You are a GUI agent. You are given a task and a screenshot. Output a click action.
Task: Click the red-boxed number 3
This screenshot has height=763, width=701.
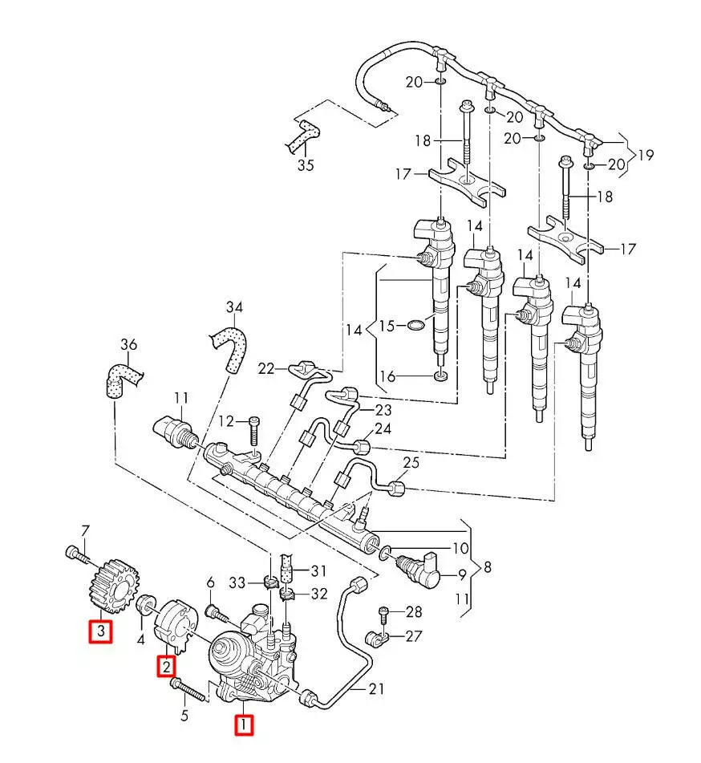[100, 632]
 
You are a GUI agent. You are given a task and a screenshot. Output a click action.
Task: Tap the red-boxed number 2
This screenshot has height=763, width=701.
[166, 665]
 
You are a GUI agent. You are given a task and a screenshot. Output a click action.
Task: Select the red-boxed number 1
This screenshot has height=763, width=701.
[242, 725]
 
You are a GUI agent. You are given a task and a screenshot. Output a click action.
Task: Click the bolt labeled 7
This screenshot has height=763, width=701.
[75, 553]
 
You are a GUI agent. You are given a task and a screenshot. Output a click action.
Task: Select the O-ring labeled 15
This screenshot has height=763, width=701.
[415, 326]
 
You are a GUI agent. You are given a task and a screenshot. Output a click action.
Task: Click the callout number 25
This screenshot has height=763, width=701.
[411, 462]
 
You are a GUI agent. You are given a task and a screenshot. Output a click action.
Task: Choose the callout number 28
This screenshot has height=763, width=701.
[414, 612]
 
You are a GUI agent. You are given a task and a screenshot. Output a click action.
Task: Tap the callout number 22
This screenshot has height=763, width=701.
[265, 368]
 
